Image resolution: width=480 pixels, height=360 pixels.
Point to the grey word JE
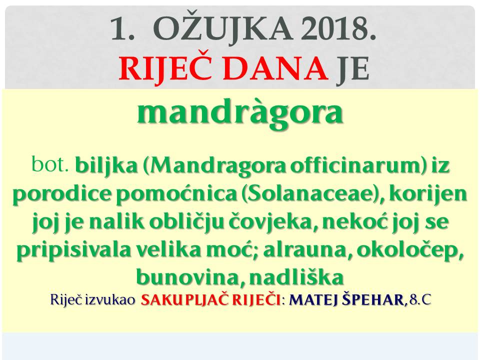click(352, 68)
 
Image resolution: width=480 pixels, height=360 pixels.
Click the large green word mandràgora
click(240, 112)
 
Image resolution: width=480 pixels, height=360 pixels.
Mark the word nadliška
click(296, 277)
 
